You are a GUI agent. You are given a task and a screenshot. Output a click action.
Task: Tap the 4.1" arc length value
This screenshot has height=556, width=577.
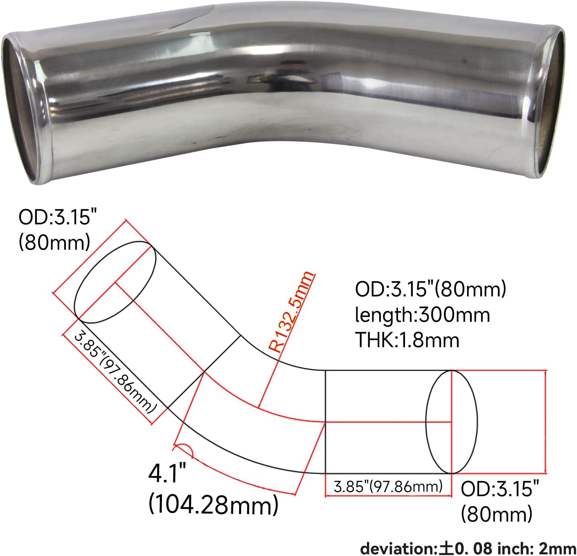(x=167, y=474)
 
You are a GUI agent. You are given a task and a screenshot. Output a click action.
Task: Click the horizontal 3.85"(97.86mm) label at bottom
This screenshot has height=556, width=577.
(x=388, y=486)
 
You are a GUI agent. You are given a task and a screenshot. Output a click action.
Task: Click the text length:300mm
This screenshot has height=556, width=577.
(x=422, y=315)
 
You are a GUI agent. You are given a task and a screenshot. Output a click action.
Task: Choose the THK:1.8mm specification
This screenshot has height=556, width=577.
(x=407, y=340)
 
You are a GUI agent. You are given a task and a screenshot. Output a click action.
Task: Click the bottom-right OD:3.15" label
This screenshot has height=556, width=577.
(x=500, y=488)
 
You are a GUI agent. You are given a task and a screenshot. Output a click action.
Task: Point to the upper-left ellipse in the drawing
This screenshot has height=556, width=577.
(x=115, y=283)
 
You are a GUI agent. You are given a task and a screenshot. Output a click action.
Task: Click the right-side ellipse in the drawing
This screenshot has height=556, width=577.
(x=452, y=422)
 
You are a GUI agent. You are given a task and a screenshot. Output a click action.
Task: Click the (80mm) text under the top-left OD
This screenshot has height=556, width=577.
(x=54, y=242)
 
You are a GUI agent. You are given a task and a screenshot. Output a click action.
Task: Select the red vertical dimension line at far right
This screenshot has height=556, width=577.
(x=546, y=422)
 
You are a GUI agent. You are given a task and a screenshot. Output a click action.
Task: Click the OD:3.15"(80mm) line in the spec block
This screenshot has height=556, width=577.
(x=430, y=289)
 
